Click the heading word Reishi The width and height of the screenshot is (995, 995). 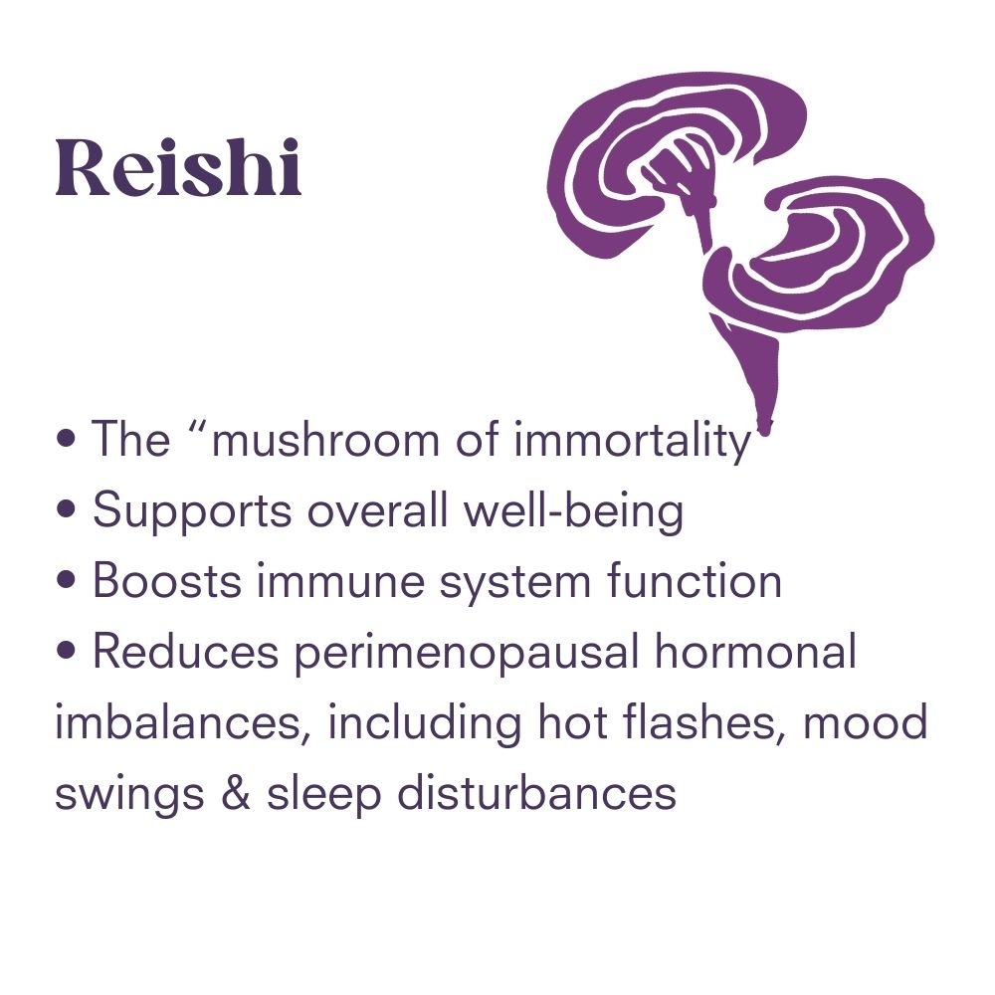point(178,167)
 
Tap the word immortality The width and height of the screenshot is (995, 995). point(633,440)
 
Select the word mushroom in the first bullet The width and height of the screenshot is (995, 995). point(325,440)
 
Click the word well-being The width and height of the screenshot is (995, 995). point(574,510)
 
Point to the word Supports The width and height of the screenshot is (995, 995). point(192,510)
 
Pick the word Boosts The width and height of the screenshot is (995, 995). point(167,581)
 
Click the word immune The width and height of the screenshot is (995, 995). point(340,581)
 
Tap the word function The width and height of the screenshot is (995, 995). point(694,581)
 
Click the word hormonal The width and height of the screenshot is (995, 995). point(756,653)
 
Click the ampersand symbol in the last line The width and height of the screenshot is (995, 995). point(236,794)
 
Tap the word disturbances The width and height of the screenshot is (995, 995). point(537,794)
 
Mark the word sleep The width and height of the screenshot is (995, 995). point(323,794)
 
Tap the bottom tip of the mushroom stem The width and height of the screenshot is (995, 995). point(765,435)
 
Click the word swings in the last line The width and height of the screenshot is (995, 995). point(129,794)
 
